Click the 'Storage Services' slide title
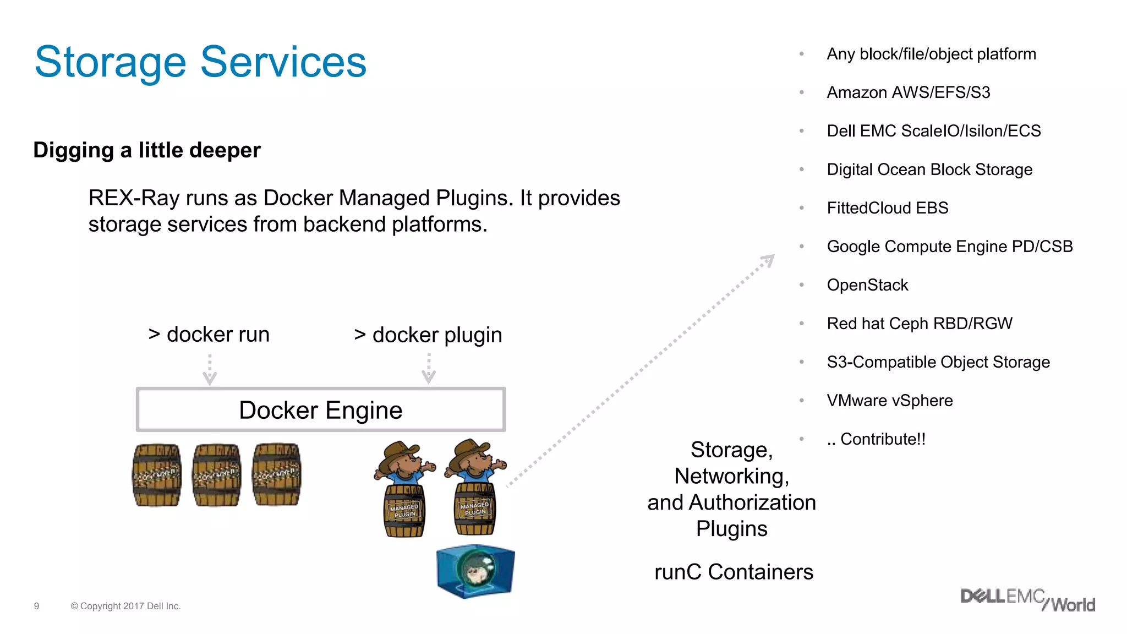pyautogui.click(x=200, y=62)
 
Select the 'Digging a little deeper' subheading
pyautogui.click(x=146, y=150)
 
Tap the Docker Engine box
pyautogui.click(x=320, y=410)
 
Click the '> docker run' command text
pyautogui.click(x=209, y=335)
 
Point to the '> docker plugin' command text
pyautogui.click(x=428, y=335)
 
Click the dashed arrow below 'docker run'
pyautogui.click(x=210, y=370)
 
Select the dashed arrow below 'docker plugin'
pyautogui.click(x=429, y=369)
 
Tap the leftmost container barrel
pyautogui.click(x=157, y=475)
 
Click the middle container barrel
pyautogui.click(x=217, y=475)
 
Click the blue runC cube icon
pyautogui.click(x=475, y=571)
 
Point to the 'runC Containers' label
pyautogui.click(x=734, y=572)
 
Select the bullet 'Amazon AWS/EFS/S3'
pyautogui.click(x=908, y=92)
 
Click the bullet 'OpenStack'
pyautogui.click(x=867, y=285)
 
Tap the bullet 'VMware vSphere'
pyautogui.click(x=889, y=401)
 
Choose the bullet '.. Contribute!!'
pyautogui.click(x=876, y=439)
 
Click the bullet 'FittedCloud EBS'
pyautogui.click(x=887, y=208)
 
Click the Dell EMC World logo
pyautogui.click(x=1027, y=600)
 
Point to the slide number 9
pyautogui.click(x=37, y=606)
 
